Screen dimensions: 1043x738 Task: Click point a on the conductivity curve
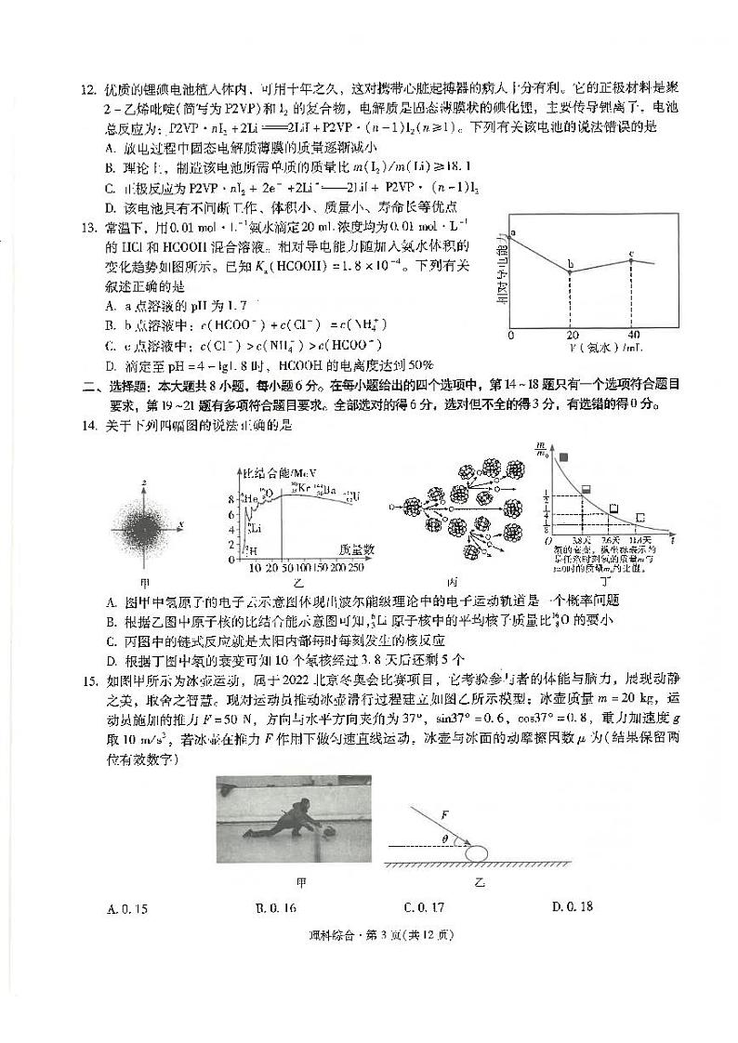coord(512,237)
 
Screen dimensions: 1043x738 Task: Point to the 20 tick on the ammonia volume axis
coord(571,335)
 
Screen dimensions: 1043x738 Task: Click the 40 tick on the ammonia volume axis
coord(634,335)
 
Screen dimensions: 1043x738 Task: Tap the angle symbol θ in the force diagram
coord(445,839)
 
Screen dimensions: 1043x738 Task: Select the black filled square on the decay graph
coord(563,456)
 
